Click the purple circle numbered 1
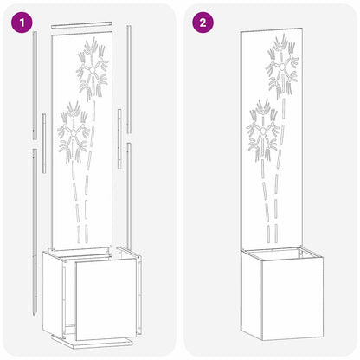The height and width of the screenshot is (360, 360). coord(19,22)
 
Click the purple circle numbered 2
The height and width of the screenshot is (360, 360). coord(202,22)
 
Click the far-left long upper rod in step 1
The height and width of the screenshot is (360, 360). coord(35,87)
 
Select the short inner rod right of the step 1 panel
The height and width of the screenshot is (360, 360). coord(119,125)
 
